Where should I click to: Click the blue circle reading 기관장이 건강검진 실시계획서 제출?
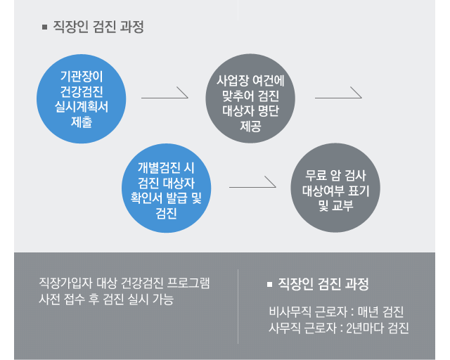pos(82,98)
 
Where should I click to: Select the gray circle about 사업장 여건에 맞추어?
pos(250,98)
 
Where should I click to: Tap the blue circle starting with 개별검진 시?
pos(167,188)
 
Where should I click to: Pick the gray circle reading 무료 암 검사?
pos(335,188)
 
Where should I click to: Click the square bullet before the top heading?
pos(44,27)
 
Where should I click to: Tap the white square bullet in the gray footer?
pos(269,284)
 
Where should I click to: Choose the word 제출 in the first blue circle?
pos(82,122)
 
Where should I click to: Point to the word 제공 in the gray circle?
pos(250,126)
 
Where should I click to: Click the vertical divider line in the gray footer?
pos(238,307)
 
